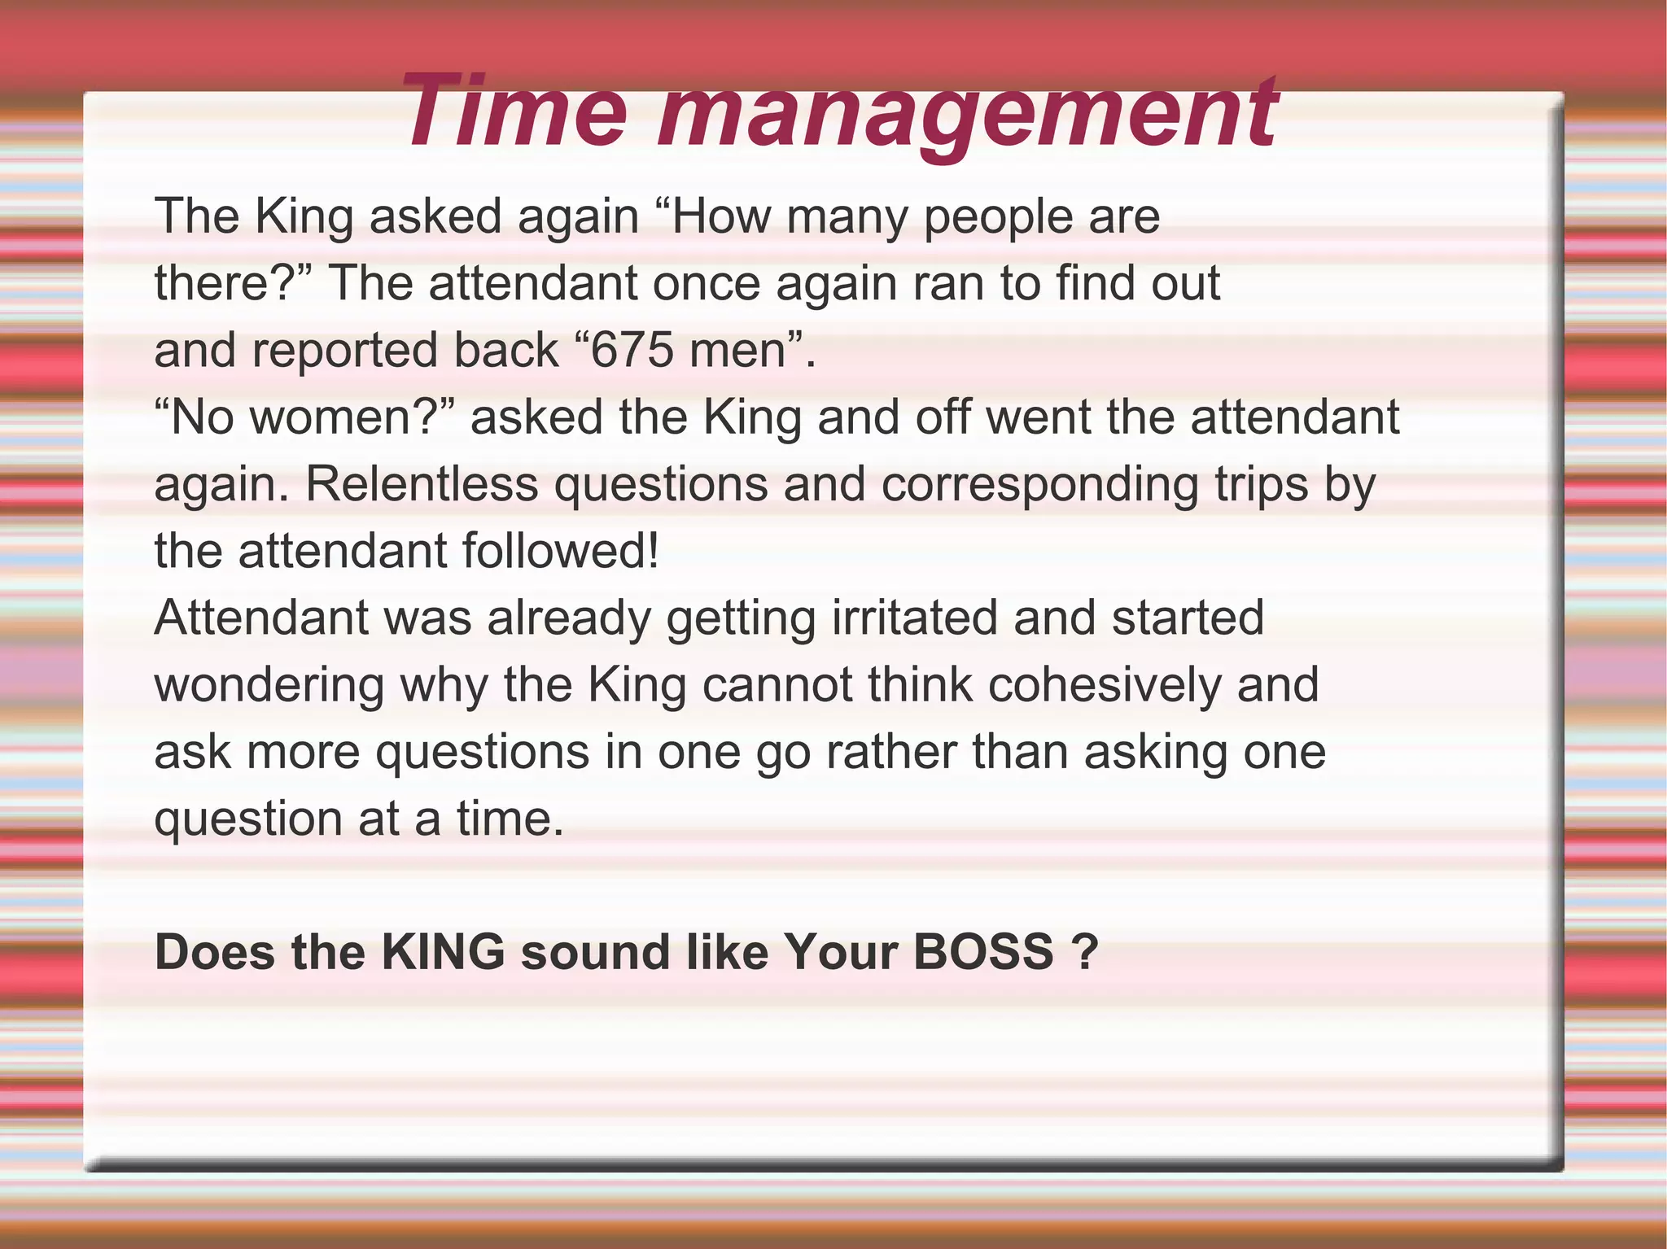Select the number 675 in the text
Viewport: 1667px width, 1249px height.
tap(632, 350)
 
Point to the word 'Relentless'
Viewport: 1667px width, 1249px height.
tap(422, 484)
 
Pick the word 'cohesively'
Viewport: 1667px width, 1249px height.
tap(1105, 684)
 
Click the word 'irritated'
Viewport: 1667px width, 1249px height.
tap(915, 618)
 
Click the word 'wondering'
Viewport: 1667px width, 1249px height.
tap(269, 686)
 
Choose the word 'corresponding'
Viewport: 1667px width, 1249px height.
tap(1039, 486)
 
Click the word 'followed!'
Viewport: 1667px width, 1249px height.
tap(560, 551)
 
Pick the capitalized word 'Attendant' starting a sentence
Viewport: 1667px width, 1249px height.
tap(261, 618)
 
